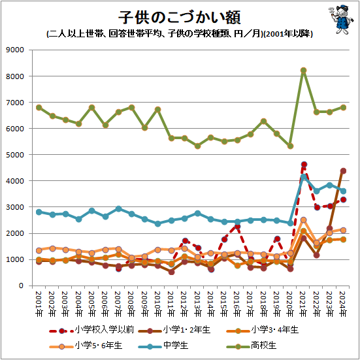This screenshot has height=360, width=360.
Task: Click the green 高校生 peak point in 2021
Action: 304,71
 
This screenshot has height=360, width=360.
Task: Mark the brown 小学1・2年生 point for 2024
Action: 344,171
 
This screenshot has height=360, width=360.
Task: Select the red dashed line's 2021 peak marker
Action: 304,165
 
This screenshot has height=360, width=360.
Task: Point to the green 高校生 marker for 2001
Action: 39,107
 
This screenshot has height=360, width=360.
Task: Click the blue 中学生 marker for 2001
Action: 39,212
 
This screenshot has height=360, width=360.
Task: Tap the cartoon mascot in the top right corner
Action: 339,18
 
